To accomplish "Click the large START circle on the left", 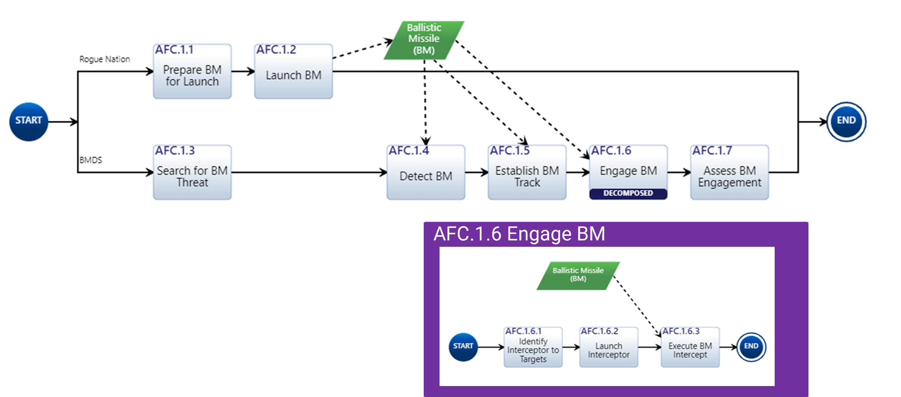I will point(29,122).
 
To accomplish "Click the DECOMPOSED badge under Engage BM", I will point(628,193).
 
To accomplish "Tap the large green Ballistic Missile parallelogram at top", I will point(424,39).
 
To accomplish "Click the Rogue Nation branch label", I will point(105,59).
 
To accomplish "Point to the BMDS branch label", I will point(91,160).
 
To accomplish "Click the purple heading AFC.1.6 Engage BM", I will point(519,234).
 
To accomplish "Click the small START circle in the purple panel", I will point(463,347).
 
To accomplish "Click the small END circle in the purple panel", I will point(751,347).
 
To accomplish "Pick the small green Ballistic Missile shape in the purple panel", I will point(578,275).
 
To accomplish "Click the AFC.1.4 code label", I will point(408,151).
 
